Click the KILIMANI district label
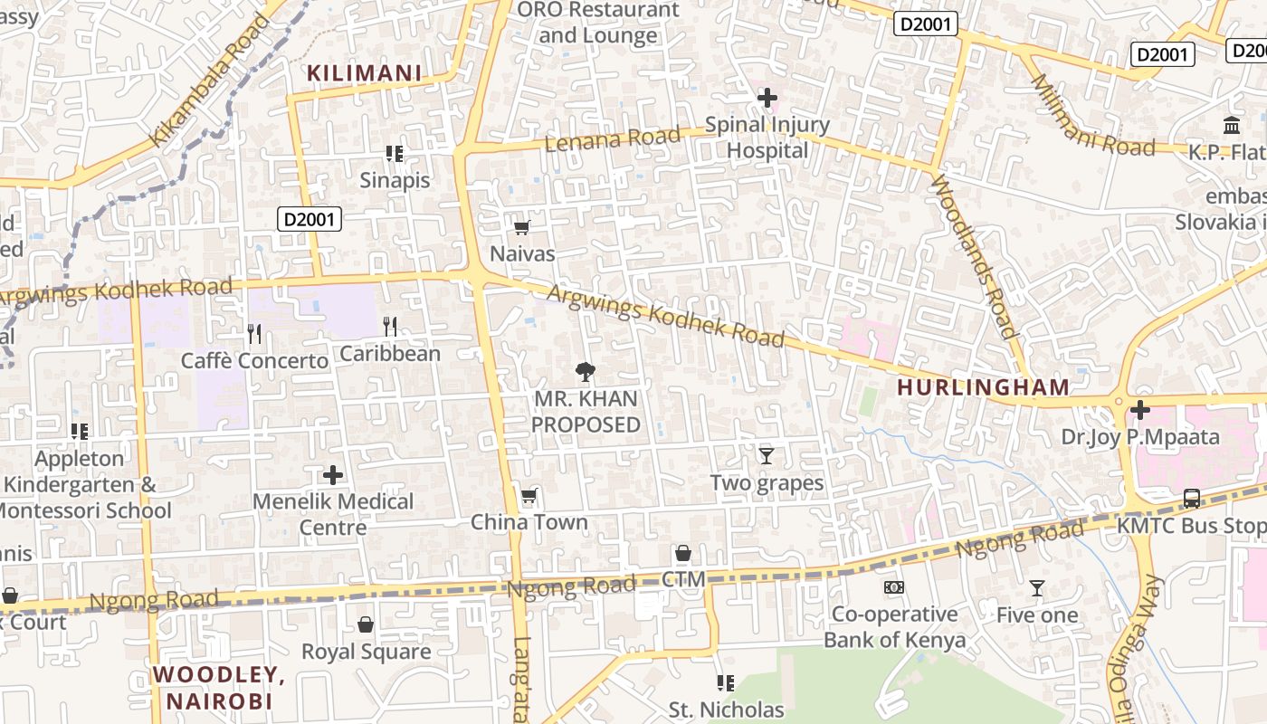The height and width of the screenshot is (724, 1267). click(365, 73)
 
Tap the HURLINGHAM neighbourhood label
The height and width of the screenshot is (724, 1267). click(983, 387)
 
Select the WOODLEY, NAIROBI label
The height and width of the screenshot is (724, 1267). click(218, 688)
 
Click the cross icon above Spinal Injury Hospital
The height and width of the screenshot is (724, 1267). click(767, 97)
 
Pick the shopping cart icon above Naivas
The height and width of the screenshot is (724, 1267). click(521, 227)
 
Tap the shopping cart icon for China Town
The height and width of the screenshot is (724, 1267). click(529, 496)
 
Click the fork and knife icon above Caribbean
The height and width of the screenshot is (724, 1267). click(390, 326)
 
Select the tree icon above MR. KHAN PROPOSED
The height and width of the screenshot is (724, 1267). click(585, 371)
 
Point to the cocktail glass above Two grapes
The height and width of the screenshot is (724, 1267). click(767, 455)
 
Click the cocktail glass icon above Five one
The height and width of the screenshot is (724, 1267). click(1037, 588)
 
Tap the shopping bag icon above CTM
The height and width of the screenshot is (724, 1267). click(683, 553)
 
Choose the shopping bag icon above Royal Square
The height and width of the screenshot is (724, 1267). click(366, 624)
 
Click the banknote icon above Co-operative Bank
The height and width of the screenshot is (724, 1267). click(893, 587)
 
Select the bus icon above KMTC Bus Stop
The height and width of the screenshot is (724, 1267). click(1192, 498)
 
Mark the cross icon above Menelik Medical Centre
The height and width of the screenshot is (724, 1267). click(333, 475)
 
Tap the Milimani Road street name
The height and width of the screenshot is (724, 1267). click(1092, 116)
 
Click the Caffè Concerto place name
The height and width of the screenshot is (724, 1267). click(255, 361)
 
